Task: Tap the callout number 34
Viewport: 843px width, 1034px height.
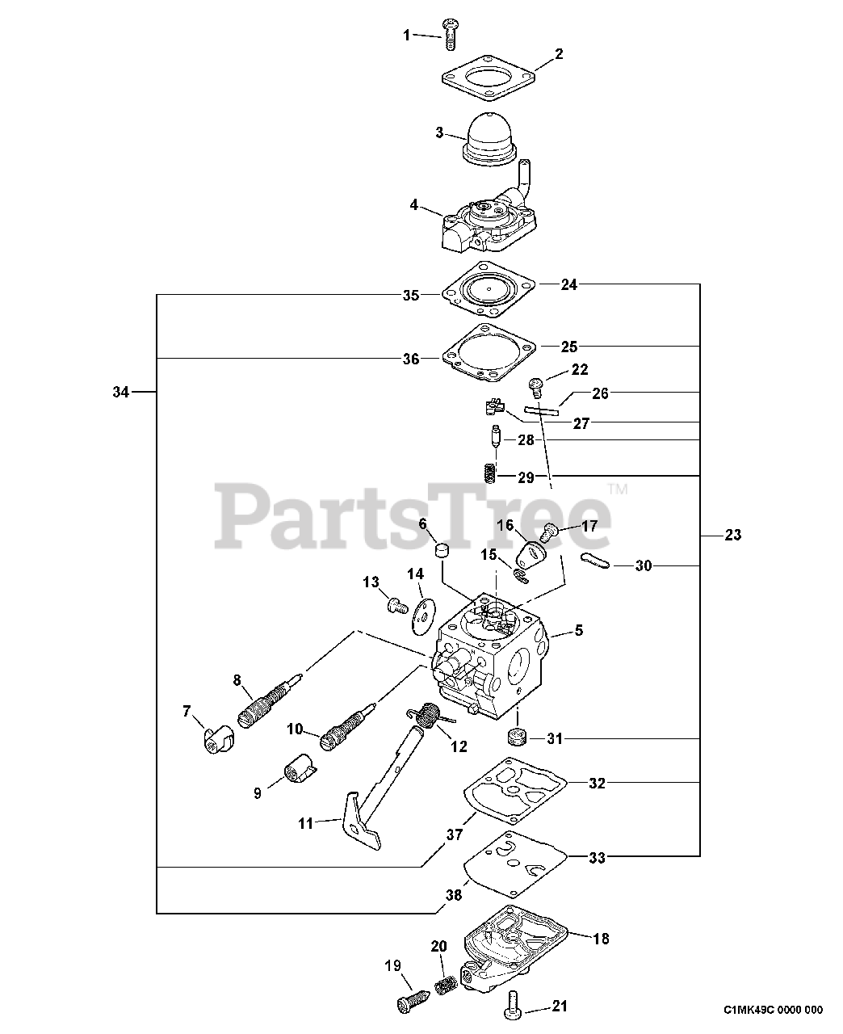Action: (121, 393)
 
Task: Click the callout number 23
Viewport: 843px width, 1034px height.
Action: (732, 534)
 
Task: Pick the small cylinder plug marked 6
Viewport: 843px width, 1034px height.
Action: (441, 551)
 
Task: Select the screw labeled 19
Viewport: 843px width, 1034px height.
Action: (409, 1001)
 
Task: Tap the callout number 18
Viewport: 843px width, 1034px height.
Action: (601, 939)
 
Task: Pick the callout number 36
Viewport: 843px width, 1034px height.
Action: (411, 359)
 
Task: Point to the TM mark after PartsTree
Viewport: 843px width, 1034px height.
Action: (618, 489)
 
